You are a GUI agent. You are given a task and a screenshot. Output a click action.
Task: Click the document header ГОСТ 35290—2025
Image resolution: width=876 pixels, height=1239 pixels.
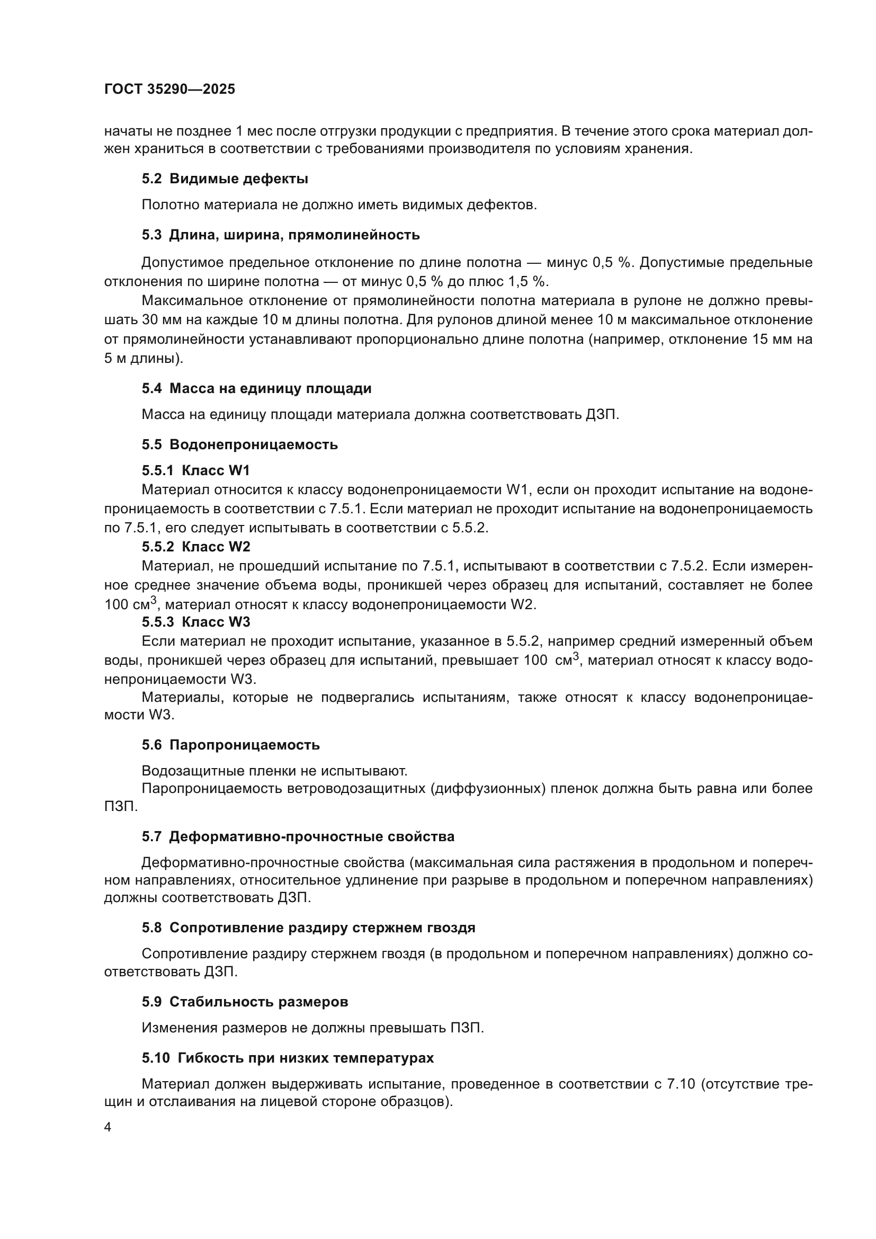(x=169, y=90)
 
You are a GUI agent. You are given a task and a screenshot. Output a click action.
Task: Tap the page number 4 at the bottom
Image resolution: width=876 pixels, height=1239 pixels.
(x=108, y=1127)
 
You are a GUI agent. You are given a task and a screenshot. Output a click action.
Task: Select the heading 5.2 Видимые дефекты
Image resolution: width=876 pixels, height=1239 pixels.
(x=225, y=179)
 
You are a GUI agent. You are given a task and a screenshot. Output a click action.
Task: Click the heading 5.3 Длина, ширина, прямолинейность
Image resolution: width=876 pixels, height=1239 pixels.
(x=281, y=235)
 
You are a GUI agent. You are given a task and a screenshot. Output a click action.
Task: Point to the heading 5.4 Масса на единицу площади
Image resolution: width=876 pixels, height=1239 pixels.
(x=257, y=388)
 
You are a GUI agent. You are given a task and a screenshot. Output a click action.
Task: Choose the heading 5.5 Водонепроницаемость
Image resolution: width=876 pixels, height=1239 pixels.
(x=240, y=444)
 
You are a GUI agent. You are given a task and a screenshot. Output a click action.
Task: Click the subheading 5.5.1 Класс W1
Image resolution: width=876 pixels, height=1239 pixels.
(x=196, y=470)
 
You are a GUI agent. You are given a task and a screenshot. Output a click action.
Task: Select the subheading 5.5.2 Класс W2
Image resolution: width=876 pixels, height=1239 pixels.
(x=196, y=547)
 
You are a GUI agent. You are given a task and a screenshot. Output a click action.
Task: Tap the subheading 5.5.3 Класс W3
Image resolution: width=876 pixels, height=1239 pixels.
(x=196, y=622)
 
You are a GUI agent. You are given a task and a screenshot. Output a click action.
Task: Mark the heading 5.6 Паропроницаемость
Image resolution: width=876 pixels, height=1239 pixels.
(x=231, y=745)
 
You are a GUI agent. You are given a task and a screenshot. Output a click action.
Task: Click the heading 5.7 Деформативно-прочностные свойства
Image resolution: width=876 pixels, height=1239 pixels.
(x=298, y=837)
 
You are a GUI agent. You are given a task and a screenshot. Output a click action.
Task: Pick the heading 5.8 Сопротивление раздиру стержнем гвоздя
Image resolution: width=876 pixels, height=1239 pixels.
(x=309, y=928)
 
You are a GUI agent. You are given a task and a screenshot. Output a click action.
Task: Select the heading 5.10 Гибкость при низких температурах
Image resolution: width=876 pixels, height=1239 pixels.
(x=288, y=1058)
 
